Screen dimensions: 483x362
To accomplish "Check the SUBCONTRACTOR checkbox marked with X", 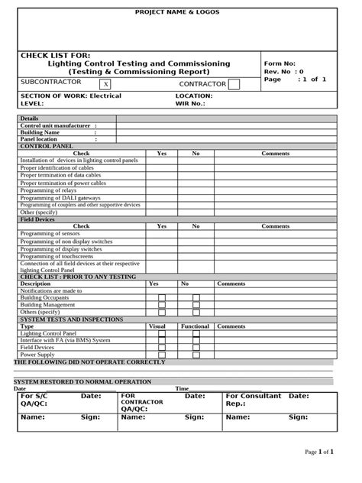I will point(105,84).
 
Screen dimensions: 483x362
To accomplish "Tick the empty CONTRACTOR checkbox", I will point(234,84).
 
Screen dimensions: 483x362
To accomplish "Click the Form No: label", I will point(280,63).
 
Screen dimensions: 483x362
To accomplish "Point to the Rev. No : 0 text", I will point(283,72).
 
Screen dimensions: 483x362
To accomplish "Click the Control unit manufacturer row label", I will point(59,125).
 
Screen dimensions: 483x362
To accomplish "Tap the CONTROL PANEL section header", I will point(47,146).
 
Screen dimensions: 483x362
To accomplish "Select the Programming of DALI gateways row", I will point(58,198).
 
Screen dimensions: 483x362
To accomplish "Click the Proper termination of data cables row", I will point(62,176).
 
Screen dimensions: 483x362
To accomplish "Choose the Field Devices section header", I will point(37,219).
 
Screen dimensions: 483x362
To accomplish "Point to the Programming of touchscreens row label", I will point(60,256).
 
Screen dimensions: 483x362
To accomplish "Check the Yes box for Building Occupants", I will point(161,298).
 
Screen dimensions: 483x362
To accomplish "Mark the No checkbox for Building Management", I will point(196,305).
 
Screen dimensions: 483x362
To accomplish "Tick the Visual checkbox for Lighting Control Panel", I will point(161,334).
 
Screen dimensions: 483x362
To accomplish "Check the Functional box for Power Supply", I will point(196,355).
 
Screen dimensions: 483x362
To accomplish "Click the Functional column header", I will point(195,326).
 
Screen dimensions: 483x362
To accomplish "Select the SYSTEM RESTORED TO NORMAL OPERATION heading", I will point(82,381).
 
